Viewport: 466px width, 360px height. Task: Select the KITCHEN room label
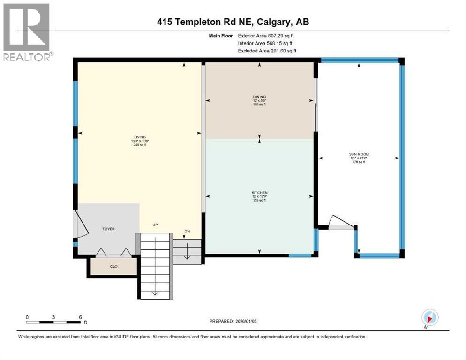coord(259,193)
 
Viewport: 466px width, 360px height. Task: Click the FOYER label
coord(108,229)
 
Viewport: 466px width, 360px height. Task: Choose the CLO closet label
coord(113,266)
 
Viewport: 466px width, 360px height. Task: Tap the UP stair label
coord(155,225)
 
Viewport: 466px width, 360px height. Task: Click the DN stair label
coord(186,231)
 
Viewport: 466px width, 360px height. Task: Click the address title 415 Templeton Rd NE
coord(233,22)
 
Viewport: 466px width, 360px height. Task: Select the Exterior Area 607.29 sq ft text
coord(266,35)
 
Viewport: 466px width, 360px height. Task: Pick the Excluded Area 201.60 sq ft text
coord(267,51)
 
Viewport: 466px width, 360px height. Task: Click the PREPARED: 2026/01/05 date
coord(233,321)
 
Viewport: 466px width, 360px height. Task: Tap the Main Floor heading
coord(221,35)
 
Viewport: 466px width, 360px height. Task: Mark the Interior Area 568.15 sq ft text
coord(265,43)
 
